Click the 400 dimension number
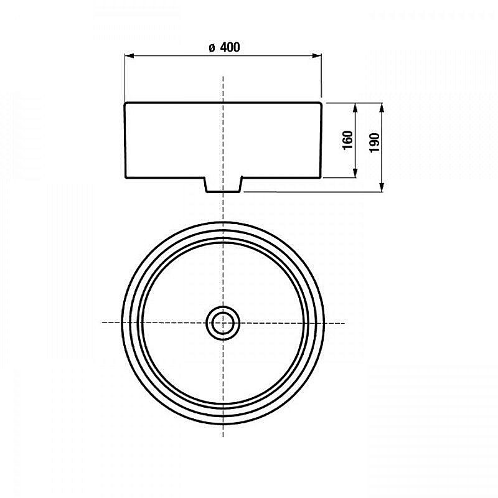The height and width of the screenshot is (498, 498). [x=230, y=47]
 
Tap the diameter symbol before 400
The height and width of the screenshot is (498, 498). [x=212, y=48]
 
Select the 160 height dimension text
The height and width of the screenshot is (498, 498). [x=348, y=139]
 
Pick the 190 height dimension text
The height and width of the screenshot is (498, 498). [x=375, y=143]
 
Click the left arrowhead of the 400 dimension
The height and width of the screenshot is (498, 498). [x=129, y=56]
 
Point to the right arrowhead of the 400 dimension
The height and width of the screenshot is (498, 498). [x=317, y=56]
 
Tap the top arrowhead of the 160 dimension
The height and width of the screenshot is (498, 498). [x=355, y=107]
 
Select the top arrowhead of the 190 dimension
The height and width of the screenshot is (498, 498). [x=382, y=107]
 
